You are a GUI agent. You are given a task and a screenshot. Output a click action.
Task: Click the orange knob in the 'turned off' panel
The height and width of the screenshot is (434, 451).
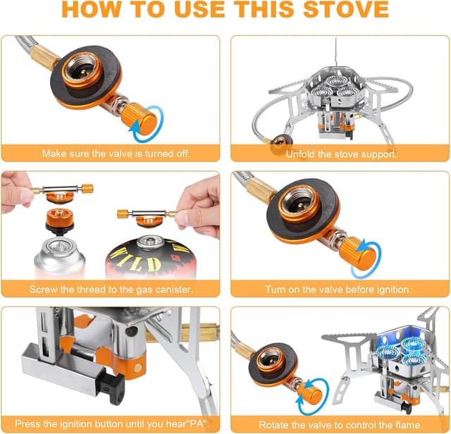138,119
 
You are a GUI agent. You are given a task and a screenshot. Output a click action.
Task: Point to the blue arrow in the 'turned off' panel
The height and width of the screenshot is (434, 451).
156,118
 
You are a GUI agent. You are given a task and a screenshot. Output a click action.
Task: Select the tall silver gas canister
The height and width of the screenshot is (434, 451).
59,258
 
